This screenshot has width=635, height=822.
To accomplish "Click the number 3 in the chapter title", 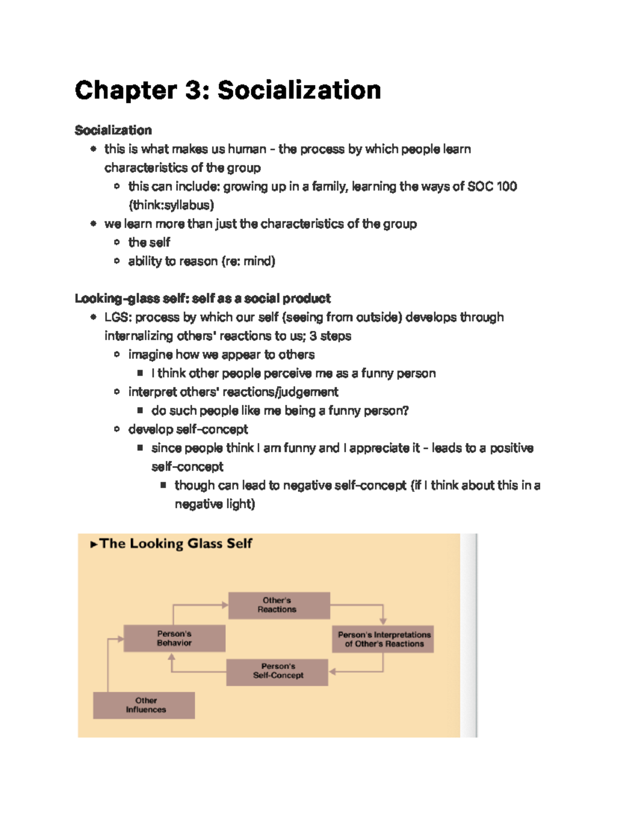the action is point(192,91).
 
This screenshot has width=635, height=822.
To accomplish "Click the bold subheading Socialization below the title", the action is point(113,130).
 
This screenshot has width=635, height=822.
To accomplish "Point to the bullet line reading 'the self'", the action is point(149,242).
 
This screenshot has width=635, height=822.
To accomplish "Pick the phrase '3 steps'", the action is point(330,336).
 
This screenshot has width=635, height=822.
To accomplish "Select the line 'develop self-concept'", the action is point(188,429).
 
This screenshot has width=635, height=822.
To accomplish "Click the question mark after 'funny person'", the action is point(406,411).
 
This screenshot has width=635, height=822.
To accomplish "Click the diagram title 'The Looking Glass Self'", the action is point(176,544).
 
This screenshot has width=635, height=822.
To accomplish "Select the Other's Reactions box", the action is point(279,606).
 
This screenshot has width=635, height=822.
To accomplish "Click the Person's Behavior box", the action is point(174,638).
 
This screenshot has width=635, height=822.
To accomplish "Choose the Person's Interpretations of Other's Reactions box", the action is point(383,639).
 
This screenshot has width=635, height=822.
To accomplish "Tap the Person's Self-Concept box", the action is point(277,672).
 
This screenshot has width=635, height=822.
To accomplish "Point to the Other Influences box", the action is point(144,706).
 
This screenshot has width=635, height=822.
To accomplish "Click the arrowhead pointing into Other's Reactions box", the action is point(225,605).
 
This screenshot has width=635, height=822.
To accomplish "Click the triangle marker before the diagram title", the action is point(94,544).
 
